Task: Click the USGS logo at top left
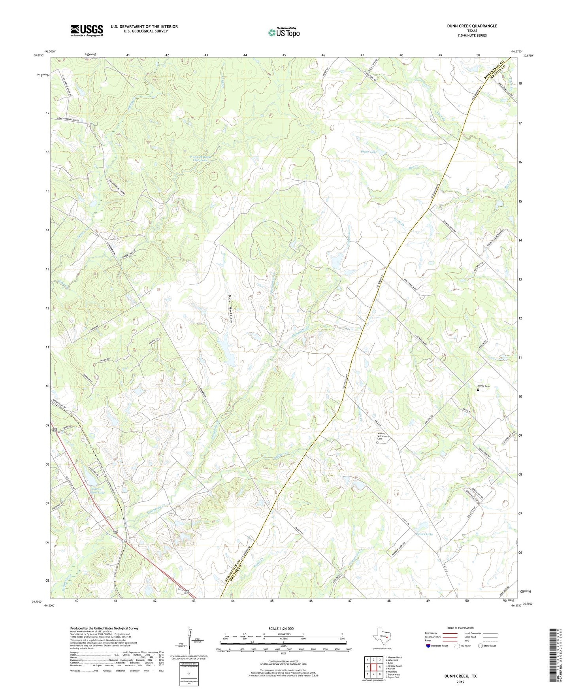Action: [87, 30]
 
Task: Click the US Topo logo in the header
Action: [284, 32]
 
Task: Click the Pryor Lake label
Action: [369, 152]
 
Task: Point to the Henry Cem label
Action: [484, 386]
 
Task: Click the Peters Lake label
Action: [424, 534]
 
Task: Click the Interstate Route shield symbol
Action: [428, 646]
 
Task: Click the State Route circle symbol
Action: [481, 646]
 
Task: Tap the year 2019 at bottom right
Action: [461, 682]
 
